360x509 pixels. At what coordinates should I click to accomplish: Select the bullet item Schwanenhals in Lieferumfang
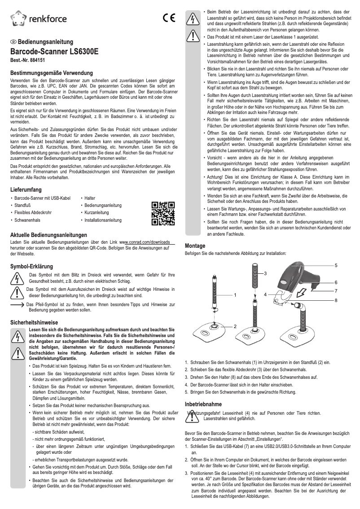pyautogui.click(x=28, y=220)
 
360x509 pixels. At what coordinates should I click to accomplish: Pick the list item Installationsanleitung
pyautogui.click(x=103, y=220)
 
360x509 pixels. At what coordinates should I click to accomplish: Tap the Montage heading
pyautogui.click(x=195, y=246)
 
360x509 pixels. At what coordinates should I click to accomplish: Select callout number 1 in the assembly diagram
pyautogui.click(x=234, y=295)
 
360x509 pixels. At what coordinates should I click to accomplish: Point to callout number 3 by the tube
pyautogui.click(x=265, y=273)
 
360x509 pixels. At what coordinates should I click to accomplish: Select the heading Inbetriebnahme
pyautogui.click(x=203, y=404)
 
